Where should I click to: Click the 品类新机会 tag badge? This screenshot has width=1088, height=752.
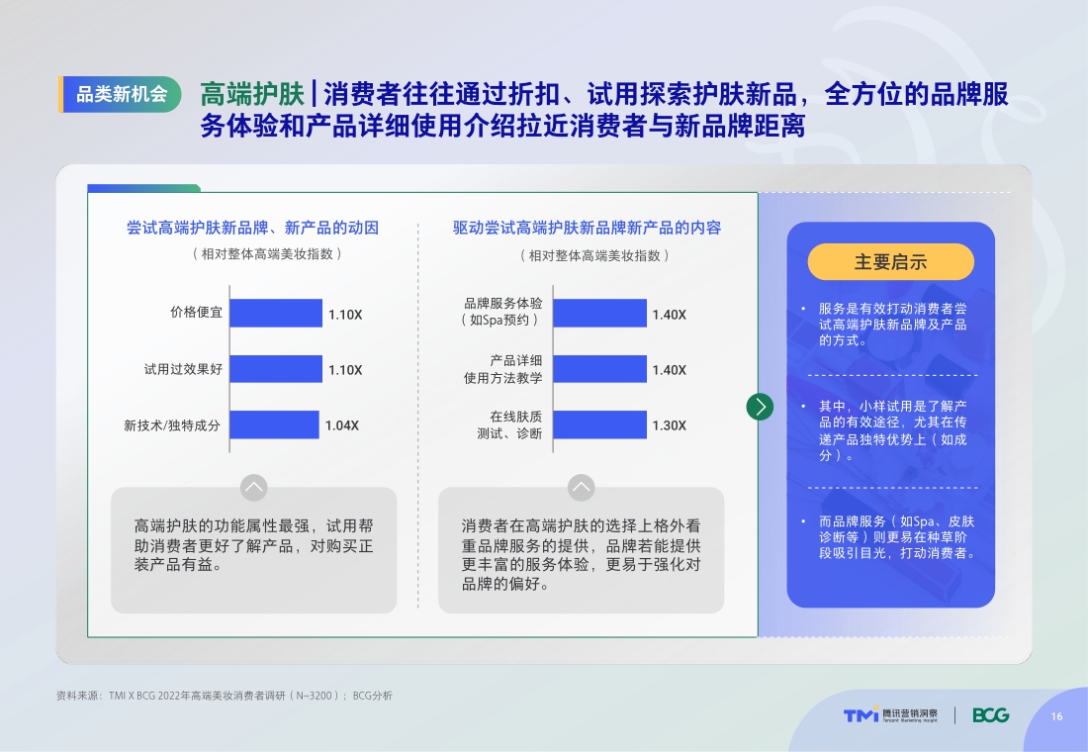pyautogui.click(x=121, y=95)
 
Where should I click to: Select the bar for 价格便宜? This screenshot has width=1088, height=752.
pyautogui.click(x=276, y=313)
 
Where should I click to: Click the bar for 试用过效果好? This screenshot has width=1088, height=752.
pyautogui.click(x=276, y=369)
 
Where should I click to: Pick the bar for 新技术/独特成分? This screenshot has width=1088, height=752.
pyautogui.click(x=274, y=424)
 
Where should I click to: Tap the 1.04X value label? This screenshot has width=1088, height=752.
pyautogui.click(x=342, y=425)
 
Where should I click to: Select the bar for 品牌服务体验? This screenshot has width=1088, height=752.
pyautogui.click(x=599, y=313)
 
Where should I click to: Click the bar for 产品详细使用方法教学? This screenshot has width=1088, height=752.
pyautogui.click(x=599, y=369)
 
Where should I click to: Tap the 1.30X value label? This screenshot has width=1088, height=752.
pyautogui.click(x=669, y=425)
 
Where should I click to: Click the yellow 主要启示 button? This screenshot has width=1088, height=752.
pyautogui.click(x=890, y=262)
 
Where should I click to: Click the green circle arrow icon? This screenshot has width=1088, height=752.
pyautogui.click(x=760, y=406)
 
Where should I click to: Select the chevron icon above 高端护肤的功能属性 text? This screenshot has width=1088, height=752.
pyautogui.click(x=254, y=487)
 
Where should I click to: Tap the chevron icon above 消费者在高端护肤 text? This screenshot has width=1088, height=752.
pyautogui.click(x=581, y=487)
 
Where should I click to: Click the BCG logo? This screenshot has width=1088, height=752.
pyautogui.click(x=990, y=715)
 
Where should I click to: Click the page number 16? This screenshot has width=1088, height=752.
pyautogui.click(x=1056, y=716)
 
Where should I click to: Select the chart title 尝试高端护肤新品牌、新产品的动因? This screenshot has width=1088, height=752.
pyautogui.click(x=253, y=228)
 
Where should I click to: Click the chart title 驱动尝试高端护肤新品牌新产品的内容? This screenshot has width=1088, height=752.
pyautogui.click(x=588, y=228)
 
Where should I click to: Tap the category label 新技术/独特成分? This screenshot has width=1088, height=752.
pyautogui.click(x=172, y=425)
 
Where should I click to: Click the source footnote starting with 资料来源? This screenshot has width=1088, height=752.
pyautogui.click(x=225, y=696)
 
